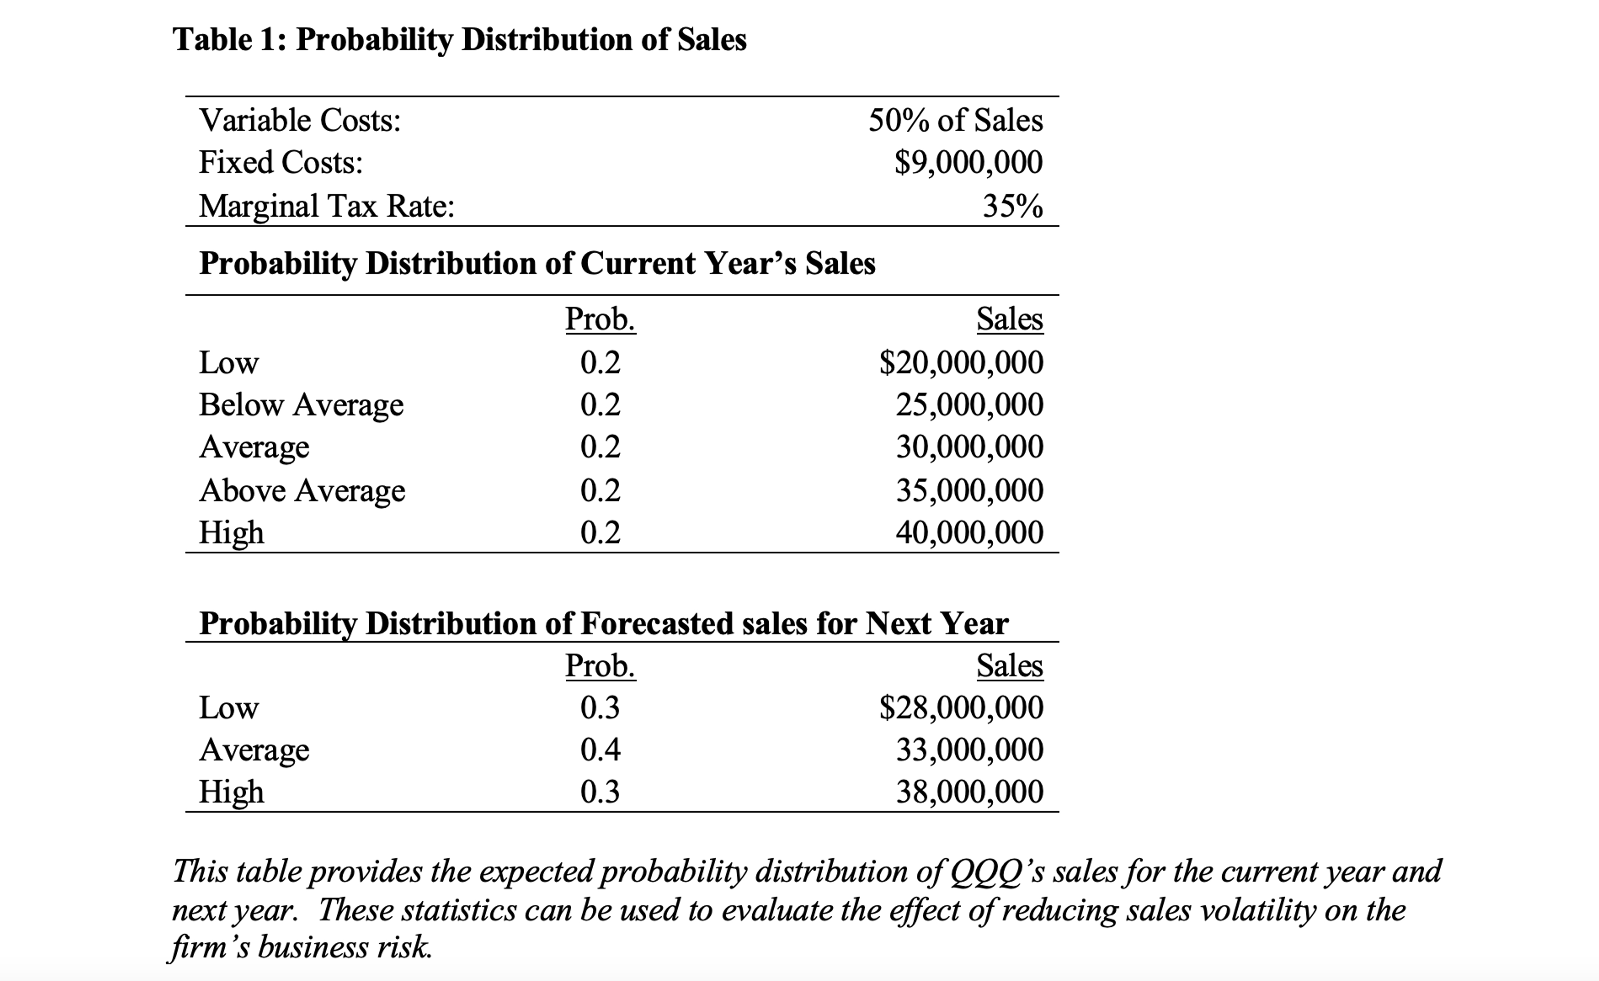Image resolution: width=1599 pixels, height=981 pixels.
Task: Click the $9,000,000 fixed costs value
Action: point(968,162)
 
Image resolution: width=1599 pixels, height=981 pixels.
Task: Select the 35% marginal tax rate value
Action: point(1013,206)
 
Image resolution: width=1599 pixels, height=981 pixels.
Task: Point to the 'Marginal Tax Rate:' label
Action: point(326,206)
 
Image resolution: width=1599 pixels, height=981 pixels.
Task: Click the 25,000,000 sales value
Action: point(970,404)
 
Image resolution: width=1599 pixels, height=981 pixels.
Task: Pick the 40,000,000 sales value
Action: point(970,532)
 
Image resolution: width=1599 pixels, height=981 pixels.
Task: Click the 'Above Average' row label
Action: point(302,491)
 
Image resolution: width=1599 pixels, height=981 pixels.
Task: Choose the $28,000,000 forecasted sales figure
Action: point(961,707)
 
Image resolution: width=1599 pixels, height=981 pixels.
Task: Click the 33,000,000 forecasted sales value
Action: point(970,750)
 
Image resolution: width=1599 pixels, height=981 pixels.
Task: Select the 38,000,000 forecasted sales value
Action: point(970,792)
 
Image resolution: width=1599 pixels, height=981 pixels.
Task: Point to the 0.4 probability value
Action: point(600,750)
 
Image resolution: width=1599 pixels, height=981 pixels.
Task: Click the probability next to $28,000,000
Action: point(600,707)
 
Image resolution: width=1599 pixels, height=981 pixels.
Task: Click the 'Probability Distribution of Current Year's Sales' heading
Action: point(537,263)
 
